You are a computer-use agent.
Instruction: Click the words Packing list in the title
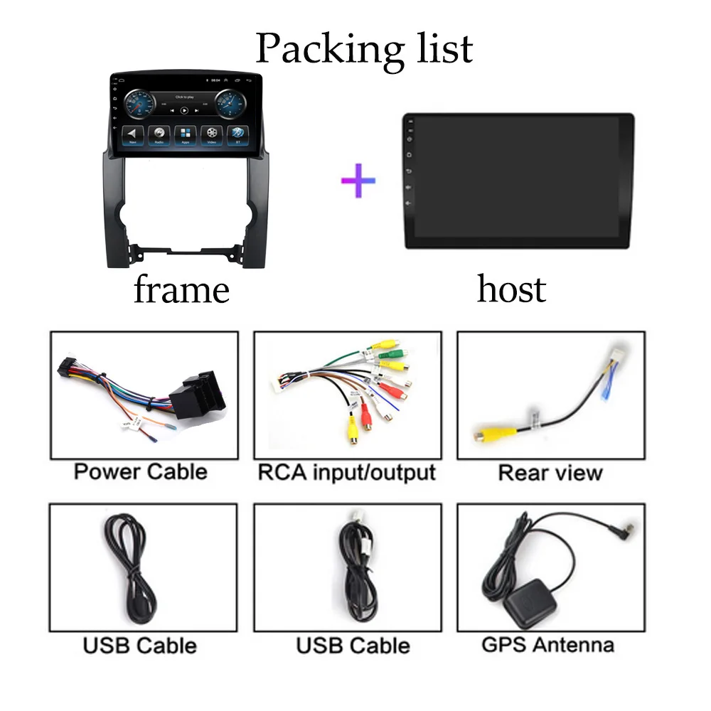pyautogui.click(x=363, y=48)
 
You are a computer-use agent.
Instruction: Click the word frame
pyautogui.click(x=181, y=290)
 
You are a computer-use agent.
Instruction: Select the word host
pyautogui.click(x=511, y=289)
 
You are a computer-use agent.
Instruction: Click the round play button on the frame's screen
pyautogui.click(x=184, y=110)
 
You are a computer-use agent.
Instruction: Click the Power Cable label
pyautogui.click(x=140, y=471)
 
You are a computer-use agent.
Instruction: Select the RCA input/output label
pyautogui.click(x=346, y=471)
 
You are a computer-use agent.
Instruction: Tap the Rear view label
pyautogui.click(x=550, y=472)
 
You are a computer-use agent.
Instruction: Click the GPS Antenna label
pyautogui.click(x=547, y=644)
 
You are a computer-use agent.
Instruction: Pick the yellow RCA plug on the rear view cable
pyautogui.click(x=488, y=433)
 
